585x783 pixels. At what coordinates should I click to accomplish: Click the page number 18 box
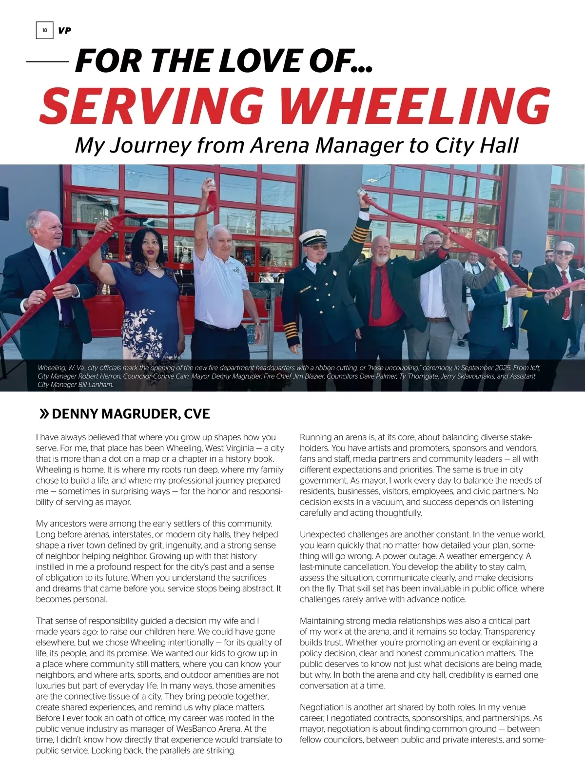pyautogui.click(x=44, y=30)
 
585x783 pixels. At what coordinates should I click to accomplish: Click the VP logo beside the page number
pyautogui.click(x=64, y=30)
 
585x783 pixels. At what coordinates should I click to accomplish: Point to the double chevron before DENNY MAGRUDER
pyautogui.click(x=43, y=414)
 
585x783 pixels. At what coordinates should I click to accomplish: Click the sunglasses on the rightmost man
pyautogui.click(x=564, y=253)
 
